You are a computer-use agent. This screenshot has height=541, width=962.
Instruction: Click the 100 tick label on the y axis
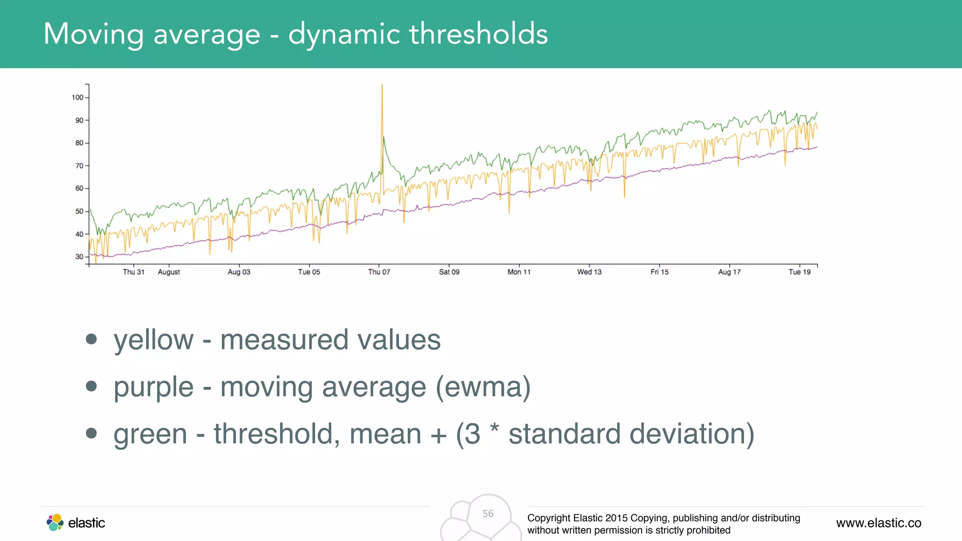(x=77, y=98)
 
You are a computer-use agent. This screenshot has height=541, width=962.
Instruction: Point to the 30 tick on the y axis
(x=79, y=257)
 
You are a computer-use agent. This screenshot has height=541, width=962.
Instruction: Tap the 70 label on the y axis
(x=79, y=166)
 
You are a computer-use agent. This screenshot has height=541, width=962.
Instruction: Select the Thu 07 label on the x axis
(x=379, y=272)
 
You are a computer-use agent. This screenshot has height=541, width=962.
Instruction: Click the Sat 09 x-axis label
(x=449, y=272)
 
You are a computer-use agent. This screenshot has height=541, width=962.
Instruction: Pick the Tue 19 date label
(x=799, y=272)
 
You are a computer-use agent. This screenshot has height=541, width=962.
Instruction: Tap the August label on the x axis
(x=169, y=272)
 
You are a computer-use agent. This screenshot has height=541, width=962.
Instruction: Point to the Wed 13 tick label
(x=589, y=272)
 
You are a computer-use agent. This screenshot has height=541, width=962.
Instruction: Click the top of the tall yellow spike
(x=382, y=85)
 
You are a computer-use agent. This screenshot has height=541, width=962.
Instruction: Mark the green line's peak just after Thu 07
(x=384, y=137)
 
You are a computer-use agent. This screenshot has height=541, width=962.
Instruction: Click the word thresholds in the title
(x=479, y=34)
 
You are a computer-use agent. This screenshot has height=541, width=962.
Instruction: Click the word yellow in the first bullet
(x=154, y=340)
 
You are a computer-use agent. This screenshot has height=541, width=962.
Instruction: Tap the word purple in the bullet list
(x=154, y=388)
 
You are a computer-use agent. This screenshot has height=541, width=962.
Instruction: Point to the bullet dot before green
(x=92, y=433)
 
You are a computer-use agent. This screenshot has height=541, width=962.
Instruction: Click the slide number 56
(x=488, y=514)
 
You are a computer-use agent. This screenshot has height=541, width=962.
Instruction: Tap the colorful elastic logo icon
(x=55, y=523)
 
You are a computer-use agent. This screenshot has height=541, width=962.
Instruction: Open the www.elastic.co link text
(x=878, y=523)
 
